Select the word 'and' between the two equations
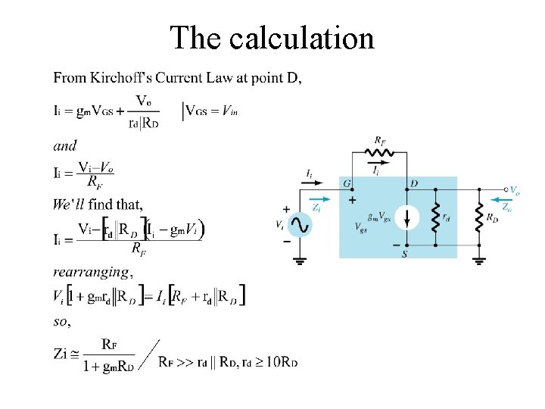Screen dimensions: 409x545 coord(64,145)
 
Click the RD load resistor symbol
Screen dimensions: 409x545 coord(479,218)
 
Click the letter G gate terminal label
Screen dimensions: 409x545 coord(347,183)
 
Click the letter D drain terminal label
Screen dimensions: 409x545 coord(413,183)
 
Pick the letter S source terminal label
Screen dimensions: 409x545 coord(405,254)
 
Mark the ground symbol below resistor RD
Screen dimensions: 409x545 coord(479,261)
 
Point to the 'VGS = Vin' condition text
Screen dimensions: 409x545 coord(212,111)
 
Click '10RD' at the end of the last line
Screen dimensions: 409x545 coord(282,362)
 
